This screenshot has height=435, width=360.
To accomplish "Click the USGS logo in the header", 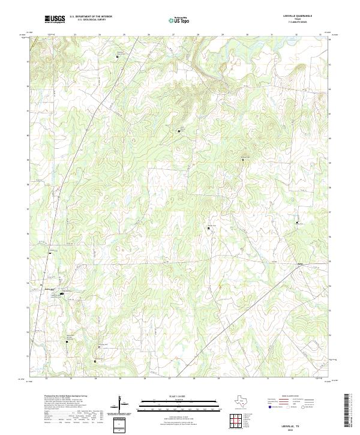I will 55,19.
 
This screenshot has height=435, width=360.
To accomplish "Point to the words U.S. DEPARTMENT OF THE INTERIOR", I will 91,16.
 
